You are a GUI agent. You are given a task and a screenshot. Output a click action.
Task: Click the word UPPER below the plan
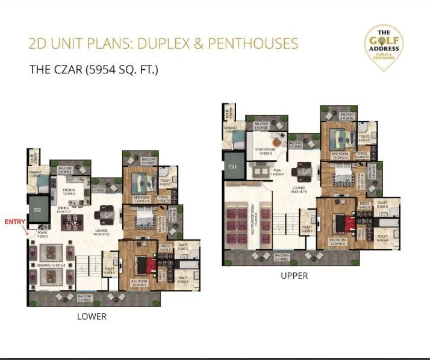pos(294,276)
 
